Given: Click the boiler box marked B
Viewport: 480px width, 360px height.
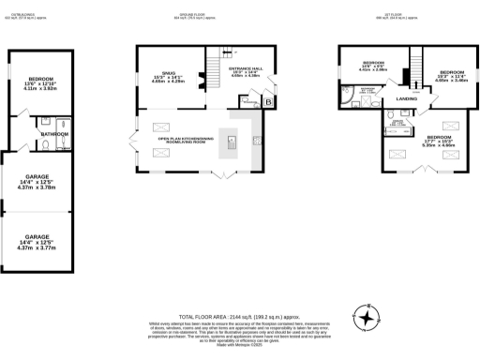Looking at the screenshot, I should [268, 99].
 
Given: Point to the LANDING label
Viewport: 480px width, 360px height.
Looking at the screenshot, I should [406, 97].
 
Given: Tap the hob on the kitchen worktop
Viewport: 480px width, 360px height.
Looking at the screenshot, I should [256, 141].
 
